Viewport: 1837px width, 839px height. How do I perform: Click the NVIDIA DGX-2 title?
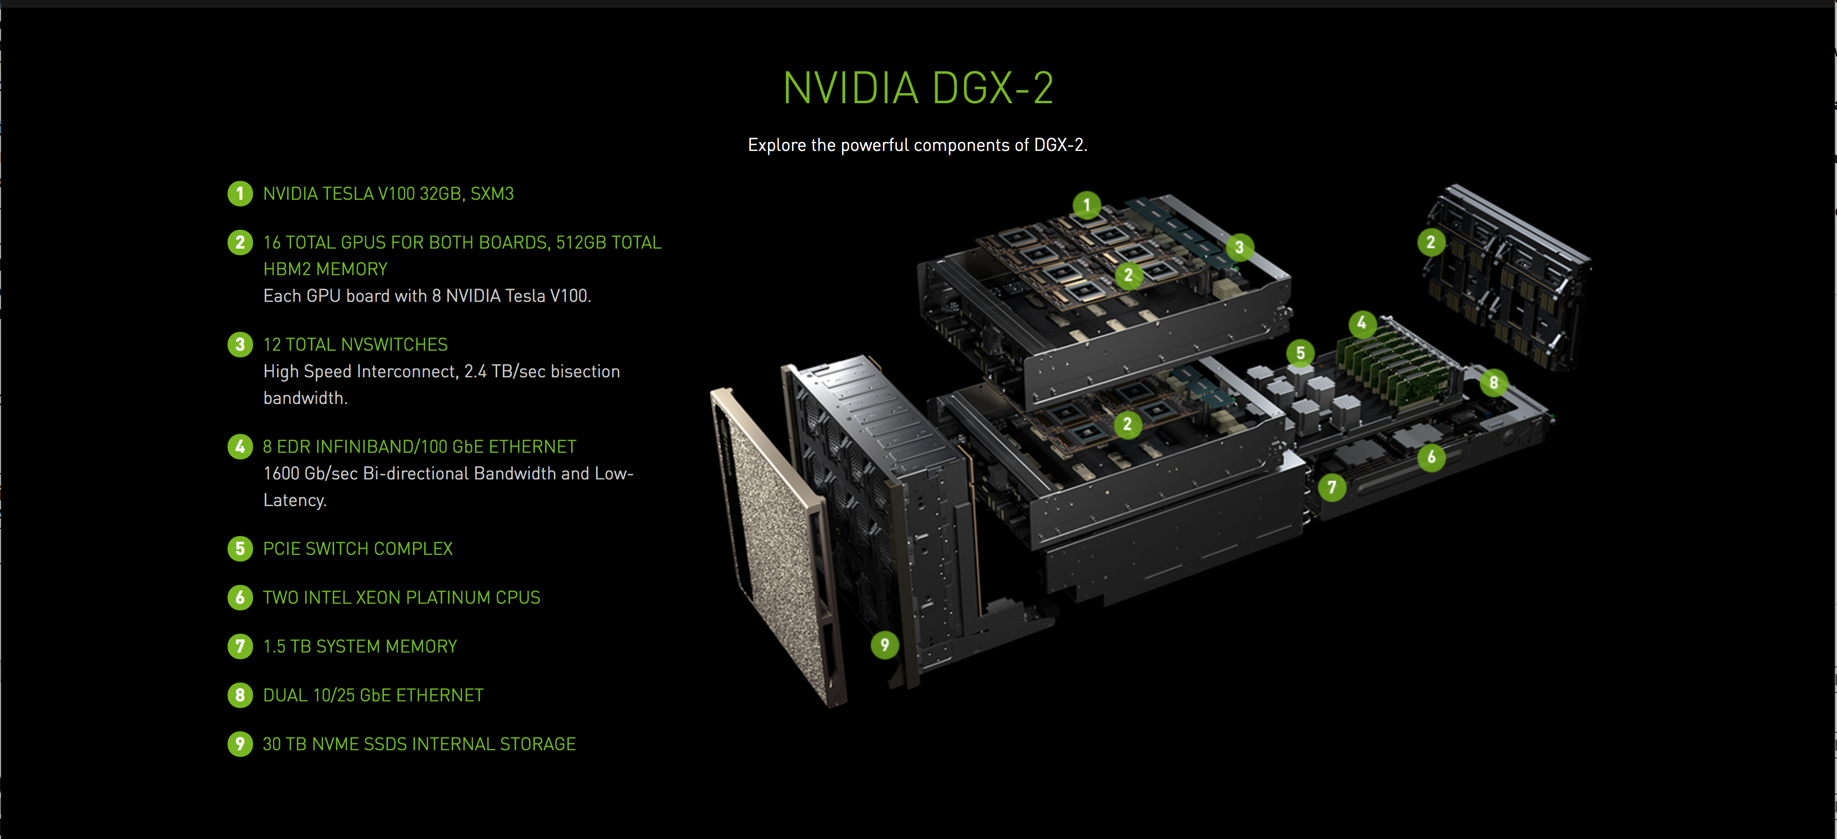[x=918, y=88]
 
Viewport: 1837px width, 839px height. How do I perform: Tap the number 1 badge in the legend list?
[x=240, y=194]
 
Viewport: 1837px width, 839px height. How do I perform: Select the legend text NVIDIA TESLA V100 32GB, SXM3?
[x=388, y=194]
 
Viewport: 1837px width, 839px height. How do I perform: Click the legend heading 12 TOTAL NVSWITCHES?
[x=355, y=345]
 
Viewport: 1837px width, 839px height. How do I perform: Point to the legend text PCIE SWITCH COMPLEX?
[x=357, y=549]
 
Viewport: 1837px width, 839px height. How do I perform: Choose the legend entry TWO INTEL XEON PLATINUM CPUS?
[x=401, y=598]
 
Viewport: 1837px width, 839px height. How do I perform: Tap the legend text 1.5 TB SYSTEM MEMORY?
[x=360, y=646]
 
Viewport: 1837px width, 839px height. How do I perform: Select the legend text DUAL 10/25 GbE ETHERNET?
[x=373, y=695]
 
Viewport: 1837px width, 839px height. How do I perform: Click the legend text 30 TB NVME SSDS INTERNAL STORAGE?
[x=418, y=744]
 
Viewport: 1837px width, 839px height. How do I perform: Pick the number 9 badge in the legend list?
[x=240, y=744]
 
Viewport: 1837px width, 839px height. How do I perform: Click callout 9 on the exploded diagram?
[x=884, y=645]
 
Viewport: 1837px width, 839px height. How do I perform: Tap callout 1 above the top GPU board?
[x=1087, y=205]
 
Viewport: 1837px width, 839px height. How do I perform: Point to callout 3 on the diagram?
[x=1239, y=247]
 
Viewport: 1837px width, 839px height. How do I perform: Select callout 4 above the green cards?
[x=1362, y=324]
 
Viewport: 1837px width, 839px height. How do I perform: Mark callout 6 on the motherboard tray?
[x=1431, y=457]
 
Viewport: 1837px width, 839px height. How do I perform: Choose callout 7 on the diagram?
[x=1331, y=488]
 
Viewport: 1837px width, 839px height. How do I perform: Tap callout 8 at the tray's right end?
[x=1493, y=383]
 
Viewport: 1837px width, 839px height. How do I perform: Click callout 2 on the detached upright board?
[x=1431, y=242]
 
